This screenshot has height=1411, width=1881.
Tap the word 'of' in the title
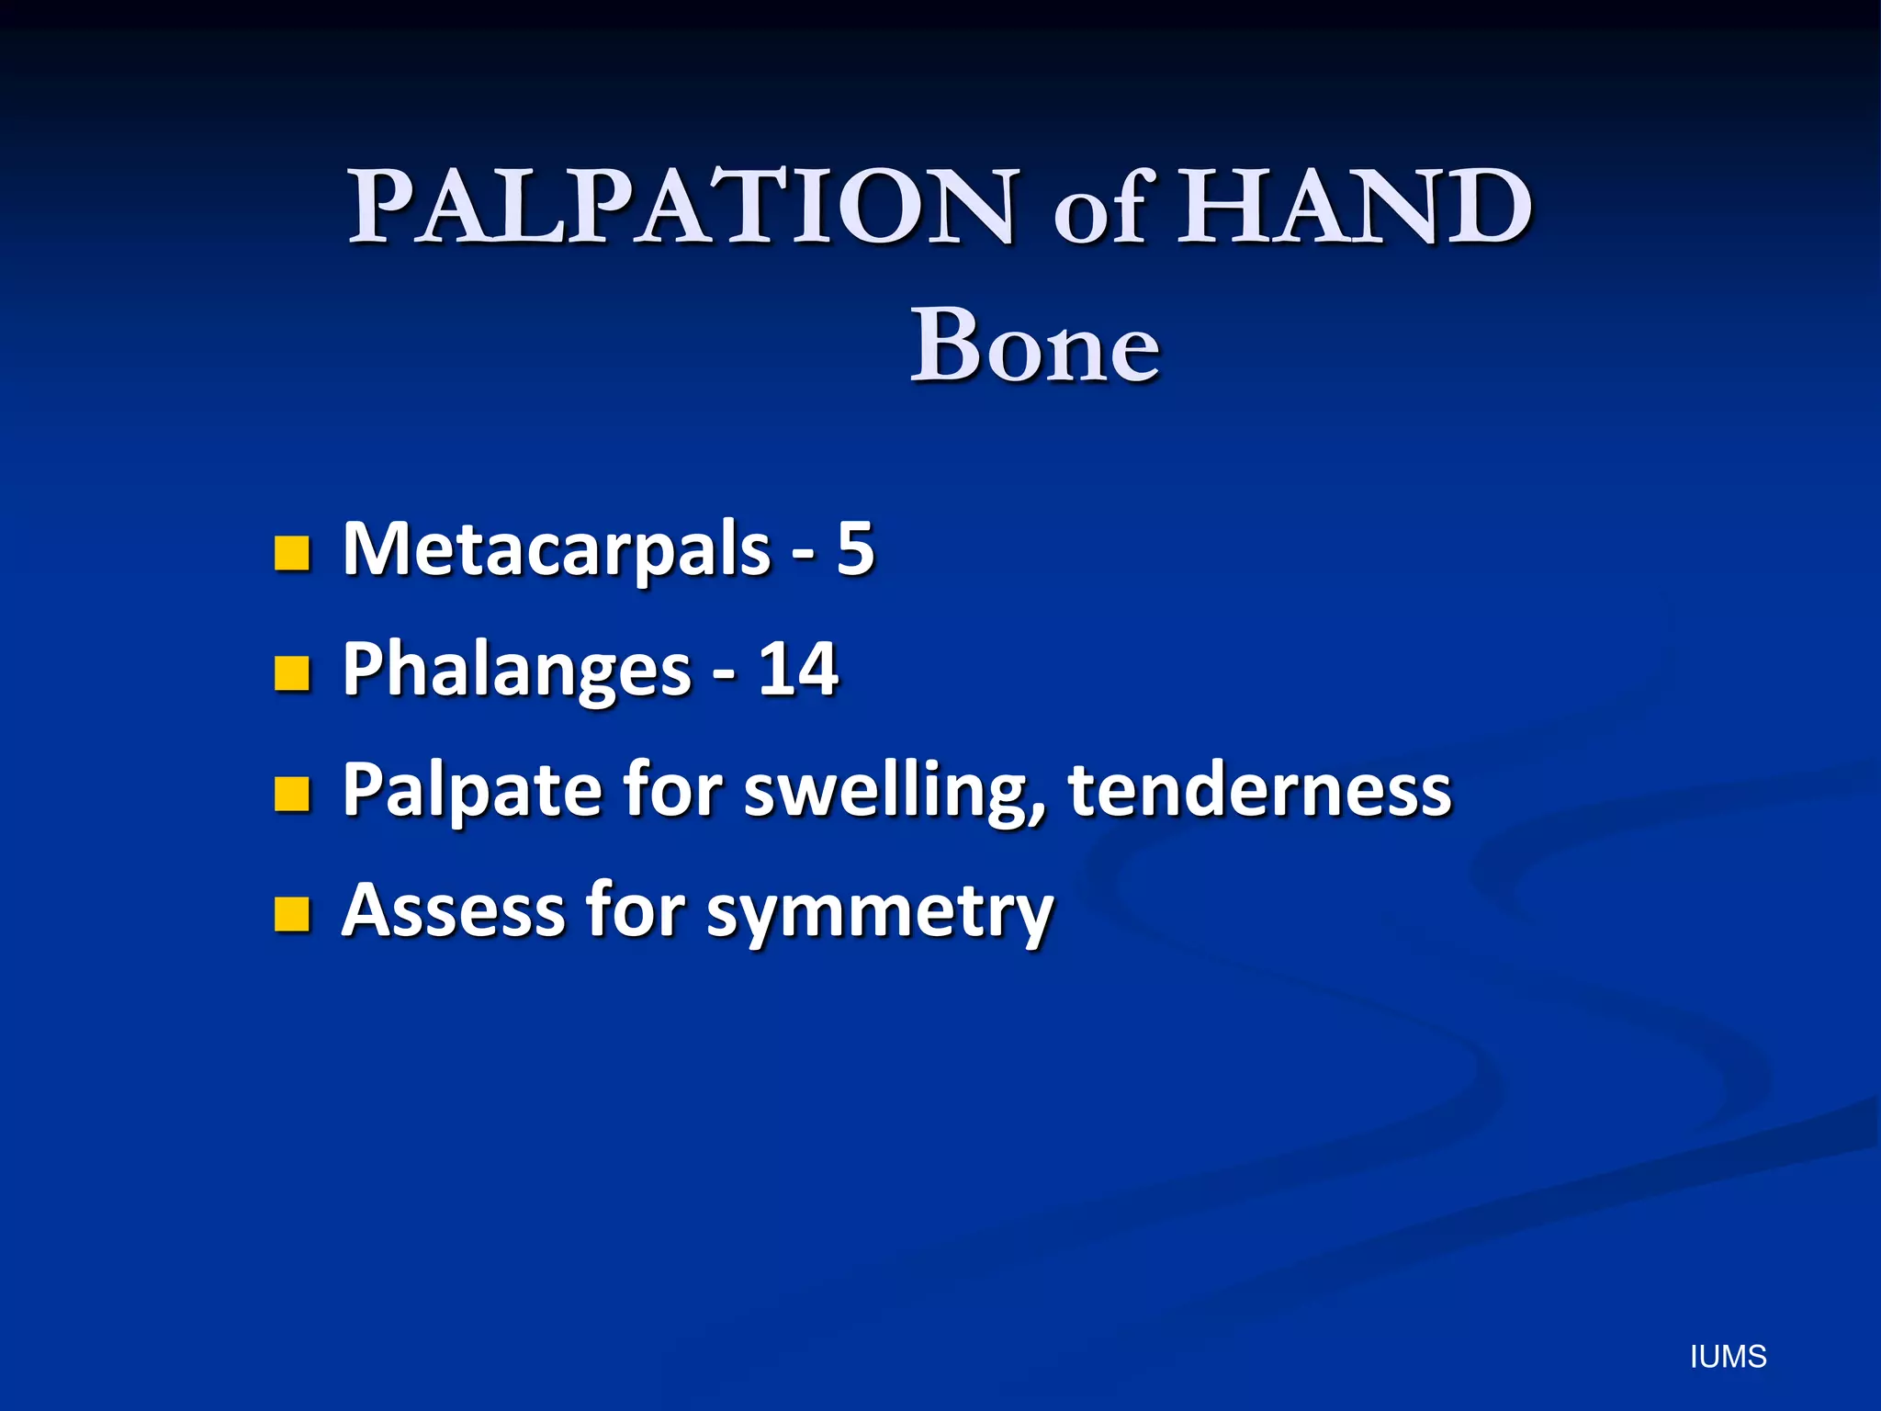coord(1100,211)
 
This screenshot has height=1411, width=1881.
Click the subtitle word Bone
coord(1034,346)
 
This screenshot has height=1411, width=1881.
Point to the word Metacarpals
coord(556,549)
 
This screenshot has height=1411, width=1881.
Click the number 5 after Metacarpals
coord(854,548)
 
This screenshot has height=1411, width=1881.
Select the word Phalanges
coord(516,671)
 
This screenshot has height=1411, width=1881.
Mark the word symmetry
coord(880,914)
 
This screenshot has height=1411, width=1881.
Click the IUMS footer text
coord(1728,1357)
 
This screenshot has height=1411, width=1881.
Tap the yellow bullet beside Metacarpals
coord(292,553)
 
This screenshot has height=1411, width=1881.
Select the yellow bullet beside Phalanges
coord(292,673)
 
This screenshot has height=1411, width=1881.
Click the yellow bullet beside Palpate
coord(292,794)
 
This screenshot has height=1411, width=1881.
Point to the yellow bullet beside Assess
coord(292,914)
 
